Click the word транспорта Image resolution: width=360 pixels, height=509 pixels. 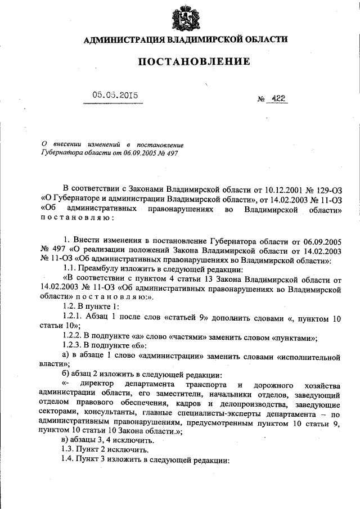[x=200, y=385]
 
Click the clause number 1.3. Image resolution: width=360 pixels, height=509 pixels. [x=69, y=451]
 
